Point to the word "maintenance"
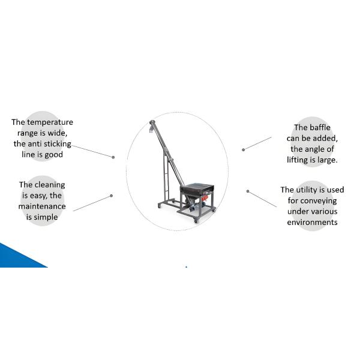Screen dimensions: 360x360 [42, 206]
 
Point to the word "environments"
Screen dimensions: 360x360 [312, 222]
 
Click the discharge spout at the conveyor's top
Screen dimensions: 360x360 [152, 127]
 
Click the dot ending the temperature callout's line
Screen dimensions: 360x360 [113, 157]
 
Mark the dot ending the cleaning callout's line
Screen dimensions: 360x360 [111, 196]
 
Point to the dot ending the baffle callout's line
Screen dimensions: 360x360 [243, 149]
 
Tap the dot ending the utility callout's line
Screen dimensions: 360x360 [247, 191]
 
